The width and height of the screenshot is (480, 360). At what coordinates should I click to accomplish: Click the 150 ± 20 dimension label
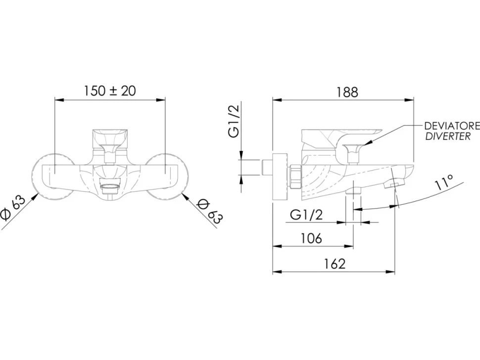point(109,91)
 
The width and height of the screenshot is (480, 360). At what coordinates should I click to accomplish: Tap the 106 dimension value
point(311,238)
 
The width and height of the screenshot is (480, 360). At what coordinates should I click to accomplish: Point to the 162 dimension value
point(335,264)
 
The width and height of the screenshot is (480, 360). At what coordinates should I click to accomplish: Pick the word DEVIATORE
point(452,126)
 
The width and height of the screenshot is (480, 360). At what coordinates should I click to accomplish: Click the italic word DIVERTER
point(447,136)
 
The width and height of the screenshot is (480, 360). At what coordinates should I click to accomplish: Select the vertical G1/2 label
point(235,121)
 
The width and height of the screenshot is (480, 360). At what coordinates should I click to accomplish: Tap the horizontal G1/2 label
point(306,215)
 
